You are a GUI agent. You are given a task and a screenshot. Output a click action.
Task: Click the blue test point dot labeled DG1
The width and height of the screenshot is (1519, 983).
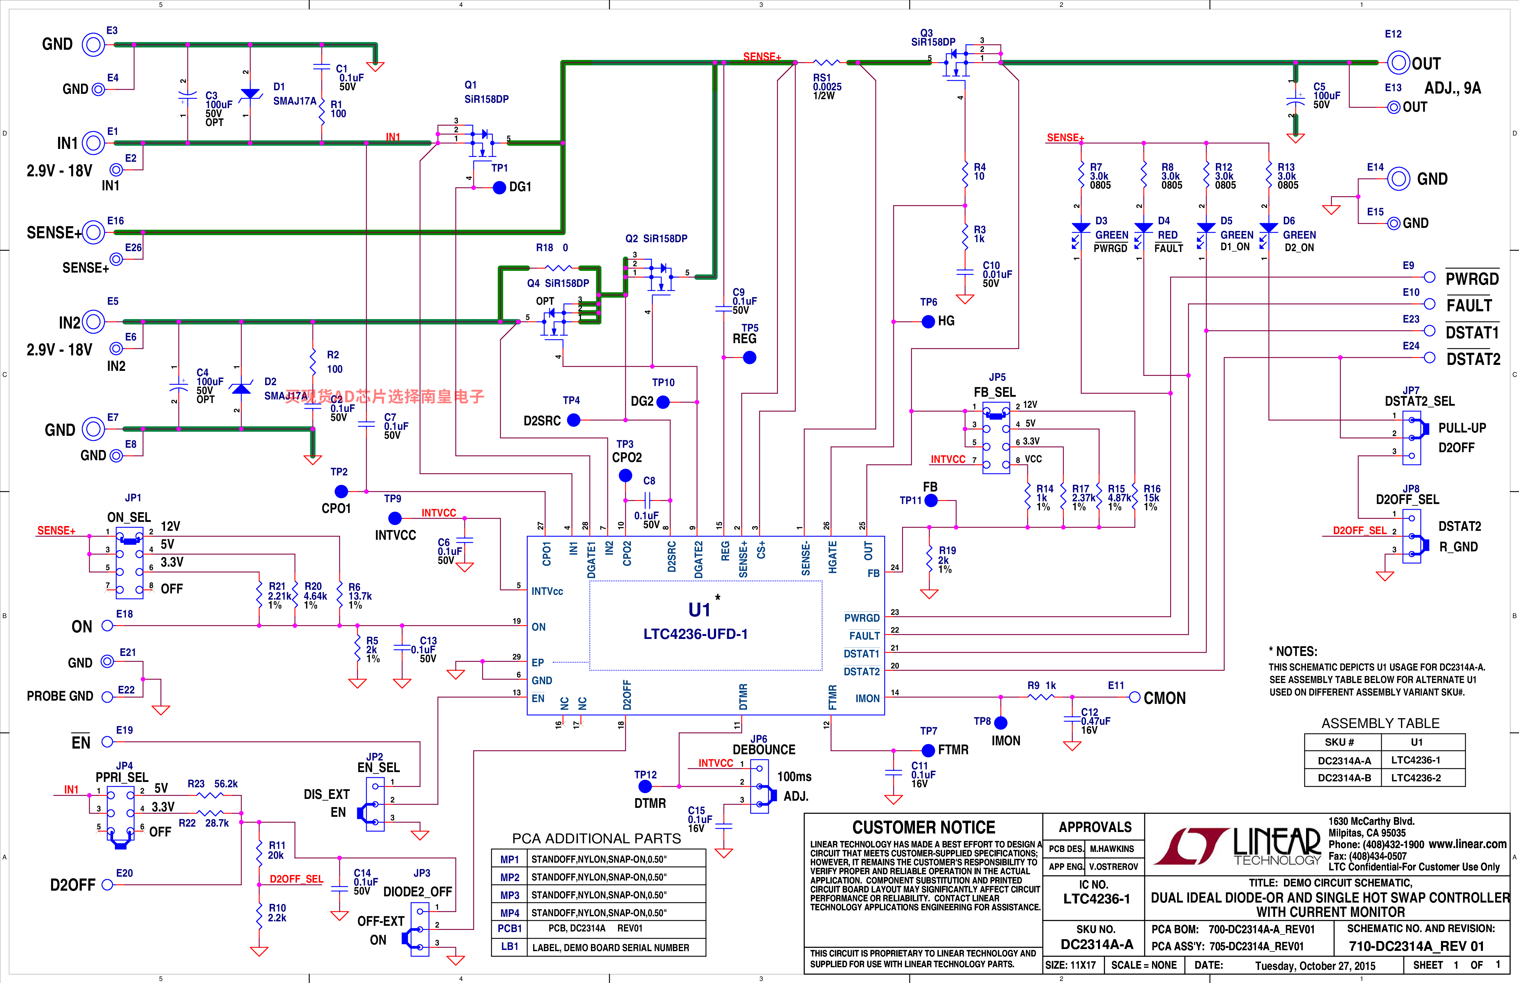(500, 188)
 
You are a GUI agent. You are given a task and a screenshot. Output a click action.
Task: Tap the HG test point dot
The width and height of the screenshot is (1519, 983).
(929, 322)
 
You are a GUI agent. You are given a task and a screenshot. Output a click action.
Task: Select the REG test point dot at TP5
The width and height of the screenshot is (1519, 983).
(750, 357)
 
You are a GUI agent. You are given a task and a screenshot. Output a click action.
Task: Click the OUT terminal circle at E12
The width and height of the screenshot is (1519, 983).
(1398, 63)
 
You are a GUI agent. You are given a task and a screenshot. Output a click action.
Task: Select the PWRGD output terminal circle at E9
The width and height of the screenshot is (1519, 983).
(1430, 277)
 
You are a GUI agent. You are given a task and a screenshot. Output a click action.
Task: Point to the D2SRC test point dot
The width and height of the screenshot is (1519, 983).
(574, 420)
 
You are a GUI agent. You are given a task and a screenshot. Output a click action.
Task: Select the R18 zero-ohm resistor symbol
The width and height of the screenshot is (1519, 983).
(558, 268)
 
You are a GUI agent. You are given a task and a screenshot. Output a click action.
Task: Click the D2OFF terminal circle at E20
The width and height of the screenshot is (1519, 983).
(107, 885)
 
